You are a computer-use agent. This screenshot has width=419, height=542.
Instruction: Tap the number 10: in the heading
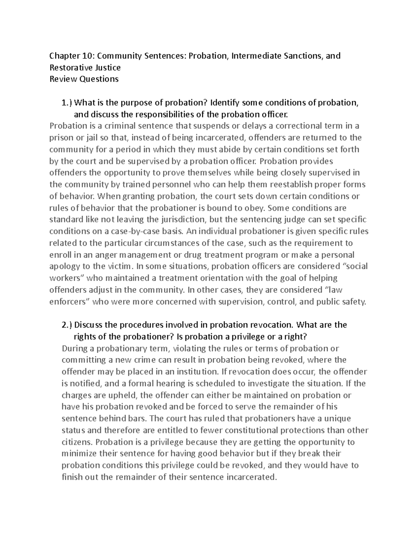coord(87,56)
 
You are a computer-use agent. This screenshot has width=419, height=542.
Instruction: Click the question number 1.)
coord(66,103)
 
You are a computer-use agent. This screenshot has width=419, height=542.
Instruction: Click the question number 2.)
coord(66,325)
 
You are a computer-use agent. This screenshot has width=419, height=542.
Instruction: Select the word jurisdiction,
coord(183,220)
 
